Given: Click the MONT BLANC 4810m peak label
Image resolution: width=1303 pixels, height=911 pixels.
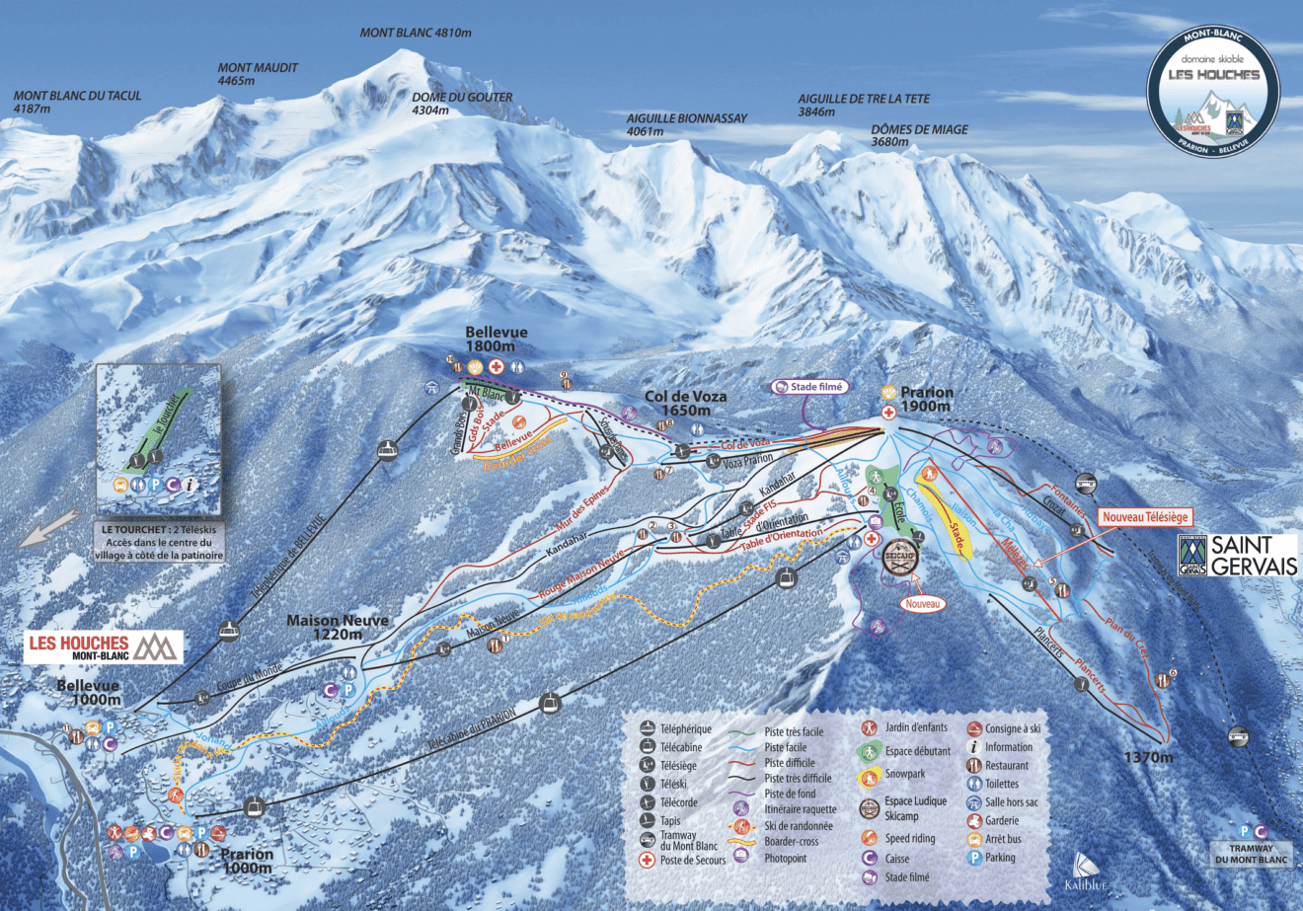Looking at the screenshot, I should (x=416, y=33).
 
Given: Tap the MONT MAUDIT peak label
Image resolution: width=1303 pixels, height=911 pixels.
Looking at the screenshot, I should (x=258, y=74).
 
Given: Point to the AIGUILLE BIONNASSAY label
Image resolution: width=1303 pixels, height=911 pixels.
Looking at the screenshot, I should (x=687, y=123).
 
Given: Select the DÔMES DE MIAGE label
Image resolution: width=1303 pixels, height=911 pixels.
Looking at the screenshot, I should (x=919, y=135).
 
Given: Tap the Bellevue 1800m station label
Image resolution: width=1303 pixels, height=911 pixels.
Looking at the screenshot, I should (x=497, y=340).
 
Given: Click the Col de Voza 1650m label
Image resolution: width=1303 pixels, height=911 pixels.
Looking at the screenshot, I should (x=686, y=403).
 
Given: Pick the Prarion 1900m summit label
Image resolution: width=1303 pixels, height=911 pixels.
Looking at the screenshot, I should (x=926, y=399).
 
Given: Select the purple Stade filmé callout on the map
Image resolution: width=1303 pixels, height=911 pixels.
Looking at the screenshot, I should (x=809, y=387).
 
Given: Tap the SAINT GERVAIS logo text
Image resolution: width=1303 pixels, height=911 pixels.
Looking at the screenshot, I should (x=1254, y=555).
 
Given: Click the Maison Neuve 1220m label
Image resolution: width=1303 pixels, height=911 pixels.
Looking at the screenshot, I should (x=338, y=627).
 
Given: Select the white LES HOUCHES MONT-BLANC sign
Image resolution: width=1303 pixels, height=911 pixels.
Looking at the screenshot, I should (x=104, y=646).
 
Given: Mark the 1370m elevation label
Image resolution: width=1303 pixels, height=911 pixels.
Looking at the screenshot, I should (x=1149, y=757).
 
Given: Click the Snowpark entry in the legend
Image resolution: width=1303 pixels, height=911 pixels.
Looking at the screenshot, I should (x=905, y=775).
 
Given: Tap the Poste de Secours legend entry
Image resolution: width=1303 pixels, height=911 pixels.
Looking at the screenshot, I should (x=692, y=860).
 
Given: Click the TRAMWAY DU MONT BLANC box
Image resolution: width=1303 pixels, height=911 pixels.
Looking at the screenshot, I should (x=1252, y=854).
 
